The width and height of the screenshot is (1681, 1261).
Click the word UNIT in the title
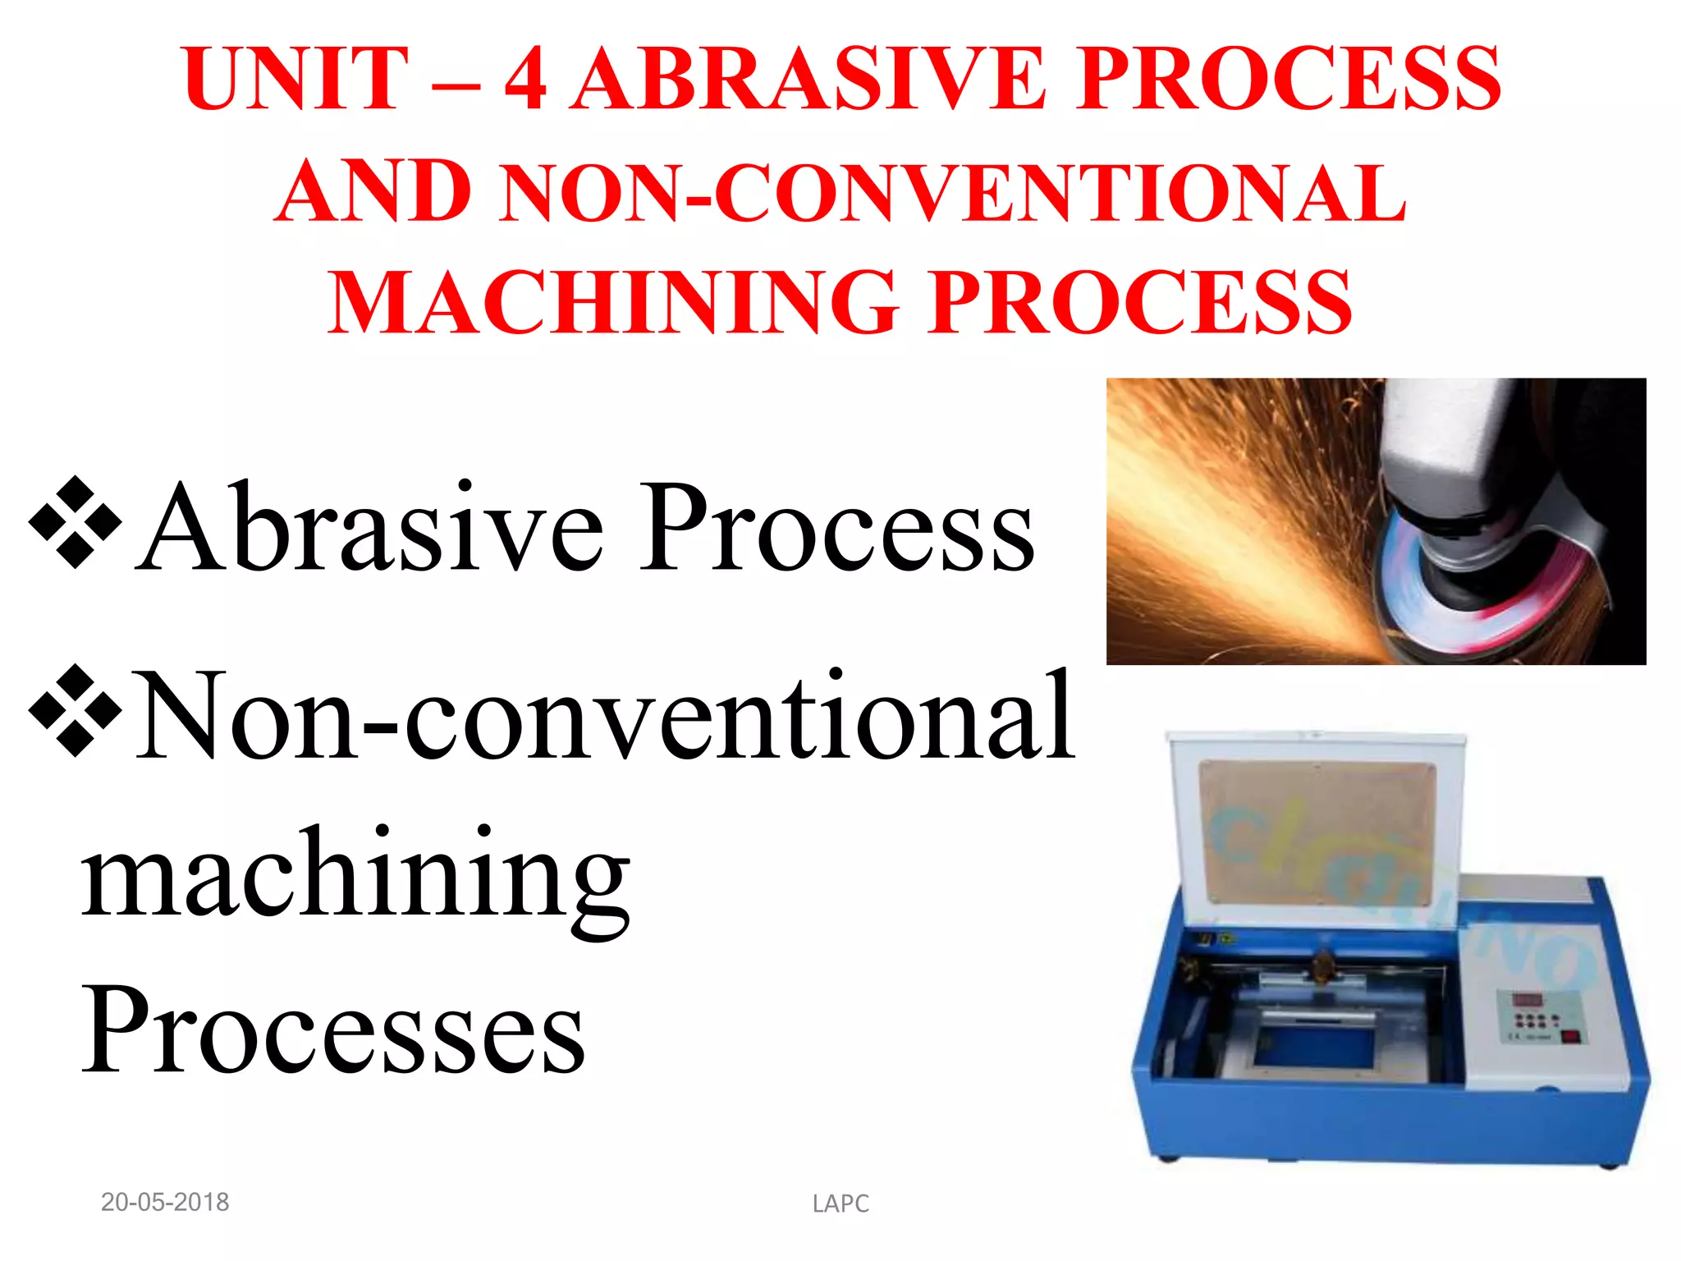click(295, 79)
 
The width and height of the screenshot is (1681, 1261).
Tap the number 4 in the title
click(525, 79)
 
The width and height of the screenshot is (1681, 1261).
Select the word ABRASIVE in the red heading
click(808, 79)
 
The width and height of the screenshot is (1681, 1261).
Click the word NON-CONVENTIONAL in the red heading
click(952, 193)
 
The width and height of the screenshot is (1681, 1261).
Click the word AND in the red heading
click(373, 193)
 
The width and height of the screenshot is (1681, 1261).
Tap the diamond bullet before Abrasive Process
click(75, 522)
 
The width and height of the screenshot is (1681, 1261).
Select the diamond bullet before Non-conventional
click(75, 711)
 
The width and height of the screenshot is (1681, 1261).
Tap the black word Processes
click(333, 1029)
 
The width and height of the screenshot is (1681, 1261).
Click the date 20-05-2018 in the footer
click(165, 1203)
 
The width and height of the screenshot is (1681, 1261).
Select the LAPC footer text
click(840, 1204)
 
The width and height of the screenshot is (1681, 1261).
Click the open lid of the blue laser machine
click(1317, 829)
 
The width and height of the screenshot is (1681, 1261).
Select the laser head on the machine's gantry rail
click(1321, 969)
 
